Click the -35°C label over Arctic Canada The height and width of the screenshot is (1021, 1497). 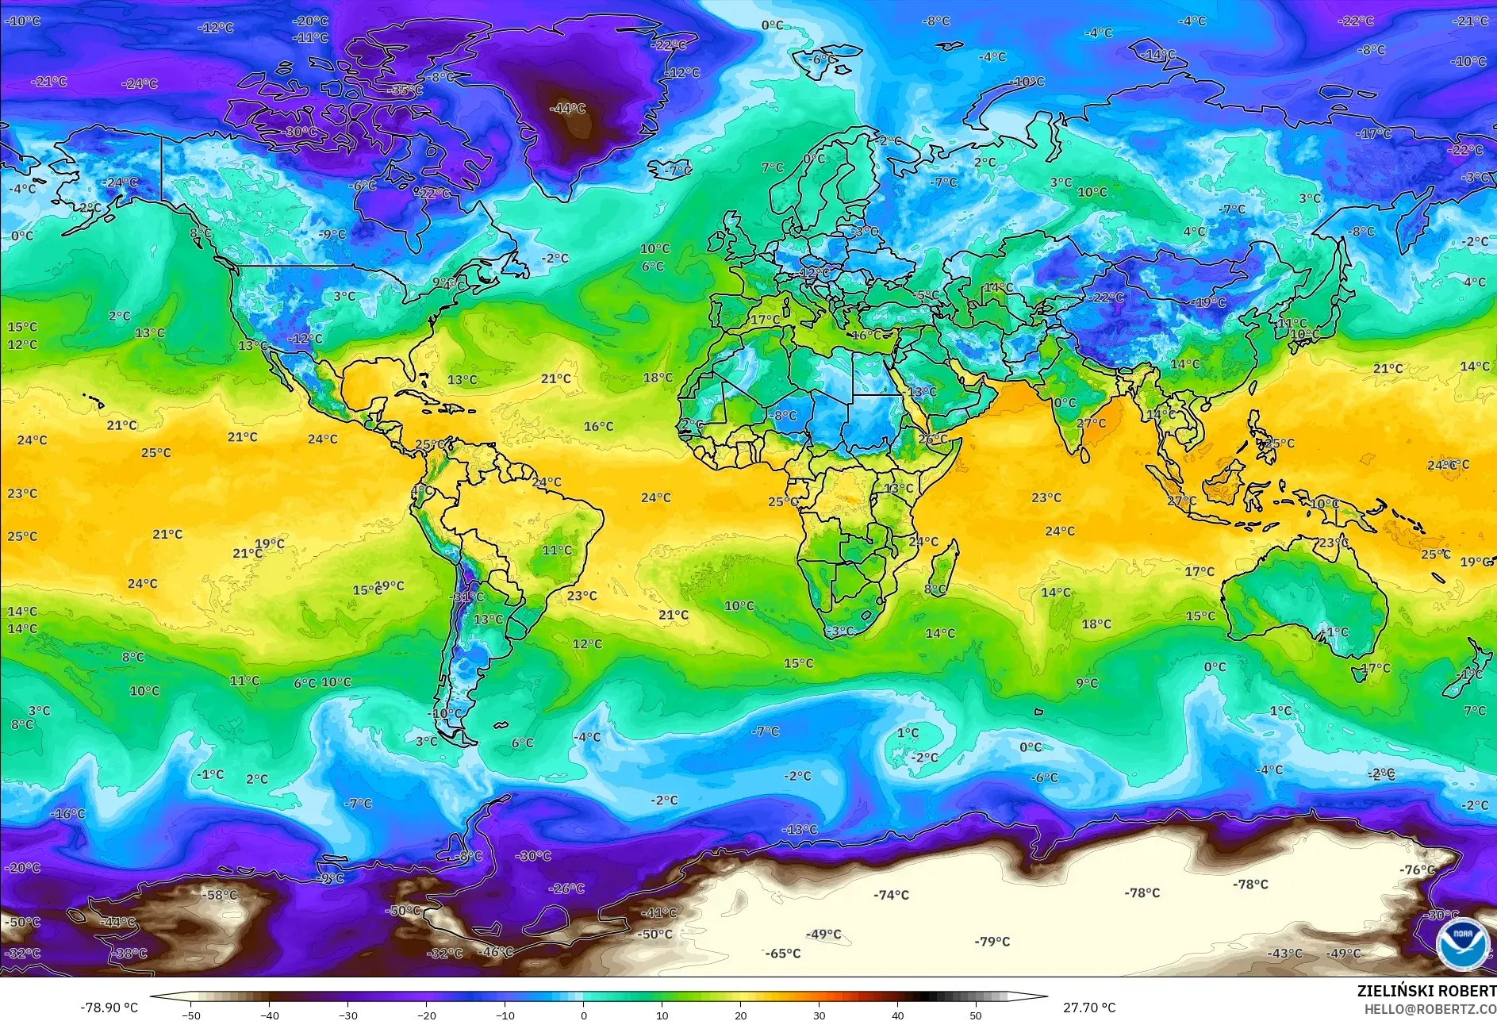(x=405, y=90)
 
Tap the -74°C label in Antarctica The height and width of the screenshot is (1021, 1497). (x=891, y=895)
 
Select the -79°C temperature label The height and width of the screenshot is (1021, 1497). (x=992, y=942)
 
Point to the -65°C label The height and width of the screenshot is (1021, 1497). (x=782, y=954)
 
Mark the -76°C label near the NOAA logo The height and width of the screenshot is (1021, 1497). (x=1417, y=869)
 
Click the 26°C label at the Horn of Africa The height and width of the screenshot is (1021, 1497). (x=932, y=439)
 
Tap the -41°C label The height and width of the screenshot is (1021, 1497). (x=658, y=913)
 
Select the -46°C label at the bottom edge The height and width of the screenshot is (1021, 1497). (x=497, y=951)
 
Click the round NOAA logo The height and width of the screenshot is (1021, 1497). (x=1462, y=942)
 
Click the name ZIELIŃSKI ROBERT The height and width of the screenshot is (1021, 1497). (x=1426, y=991)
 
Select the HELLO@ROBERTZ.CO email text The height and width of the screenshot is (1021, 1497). (x=1430, y=1009)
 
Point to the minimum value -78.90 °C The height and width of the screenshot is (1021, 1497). (x=109, y=1008)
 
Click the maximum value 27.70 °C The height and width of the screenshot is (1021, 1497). (x=1088, y=1008)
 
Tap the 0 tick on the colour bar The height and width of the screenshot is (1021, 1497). (x=584, y=1015)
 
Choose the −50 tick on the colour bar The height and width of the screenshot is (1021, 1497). (x=190, y=1015)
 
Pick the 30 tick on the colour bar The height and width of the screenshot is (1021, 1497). (x=819, y=1015)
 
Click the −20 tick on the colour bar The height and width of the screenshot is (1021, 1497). (x=427, y=1015)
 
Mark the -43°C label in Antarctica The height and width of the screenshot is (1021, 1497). (x=1284, y=954)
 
